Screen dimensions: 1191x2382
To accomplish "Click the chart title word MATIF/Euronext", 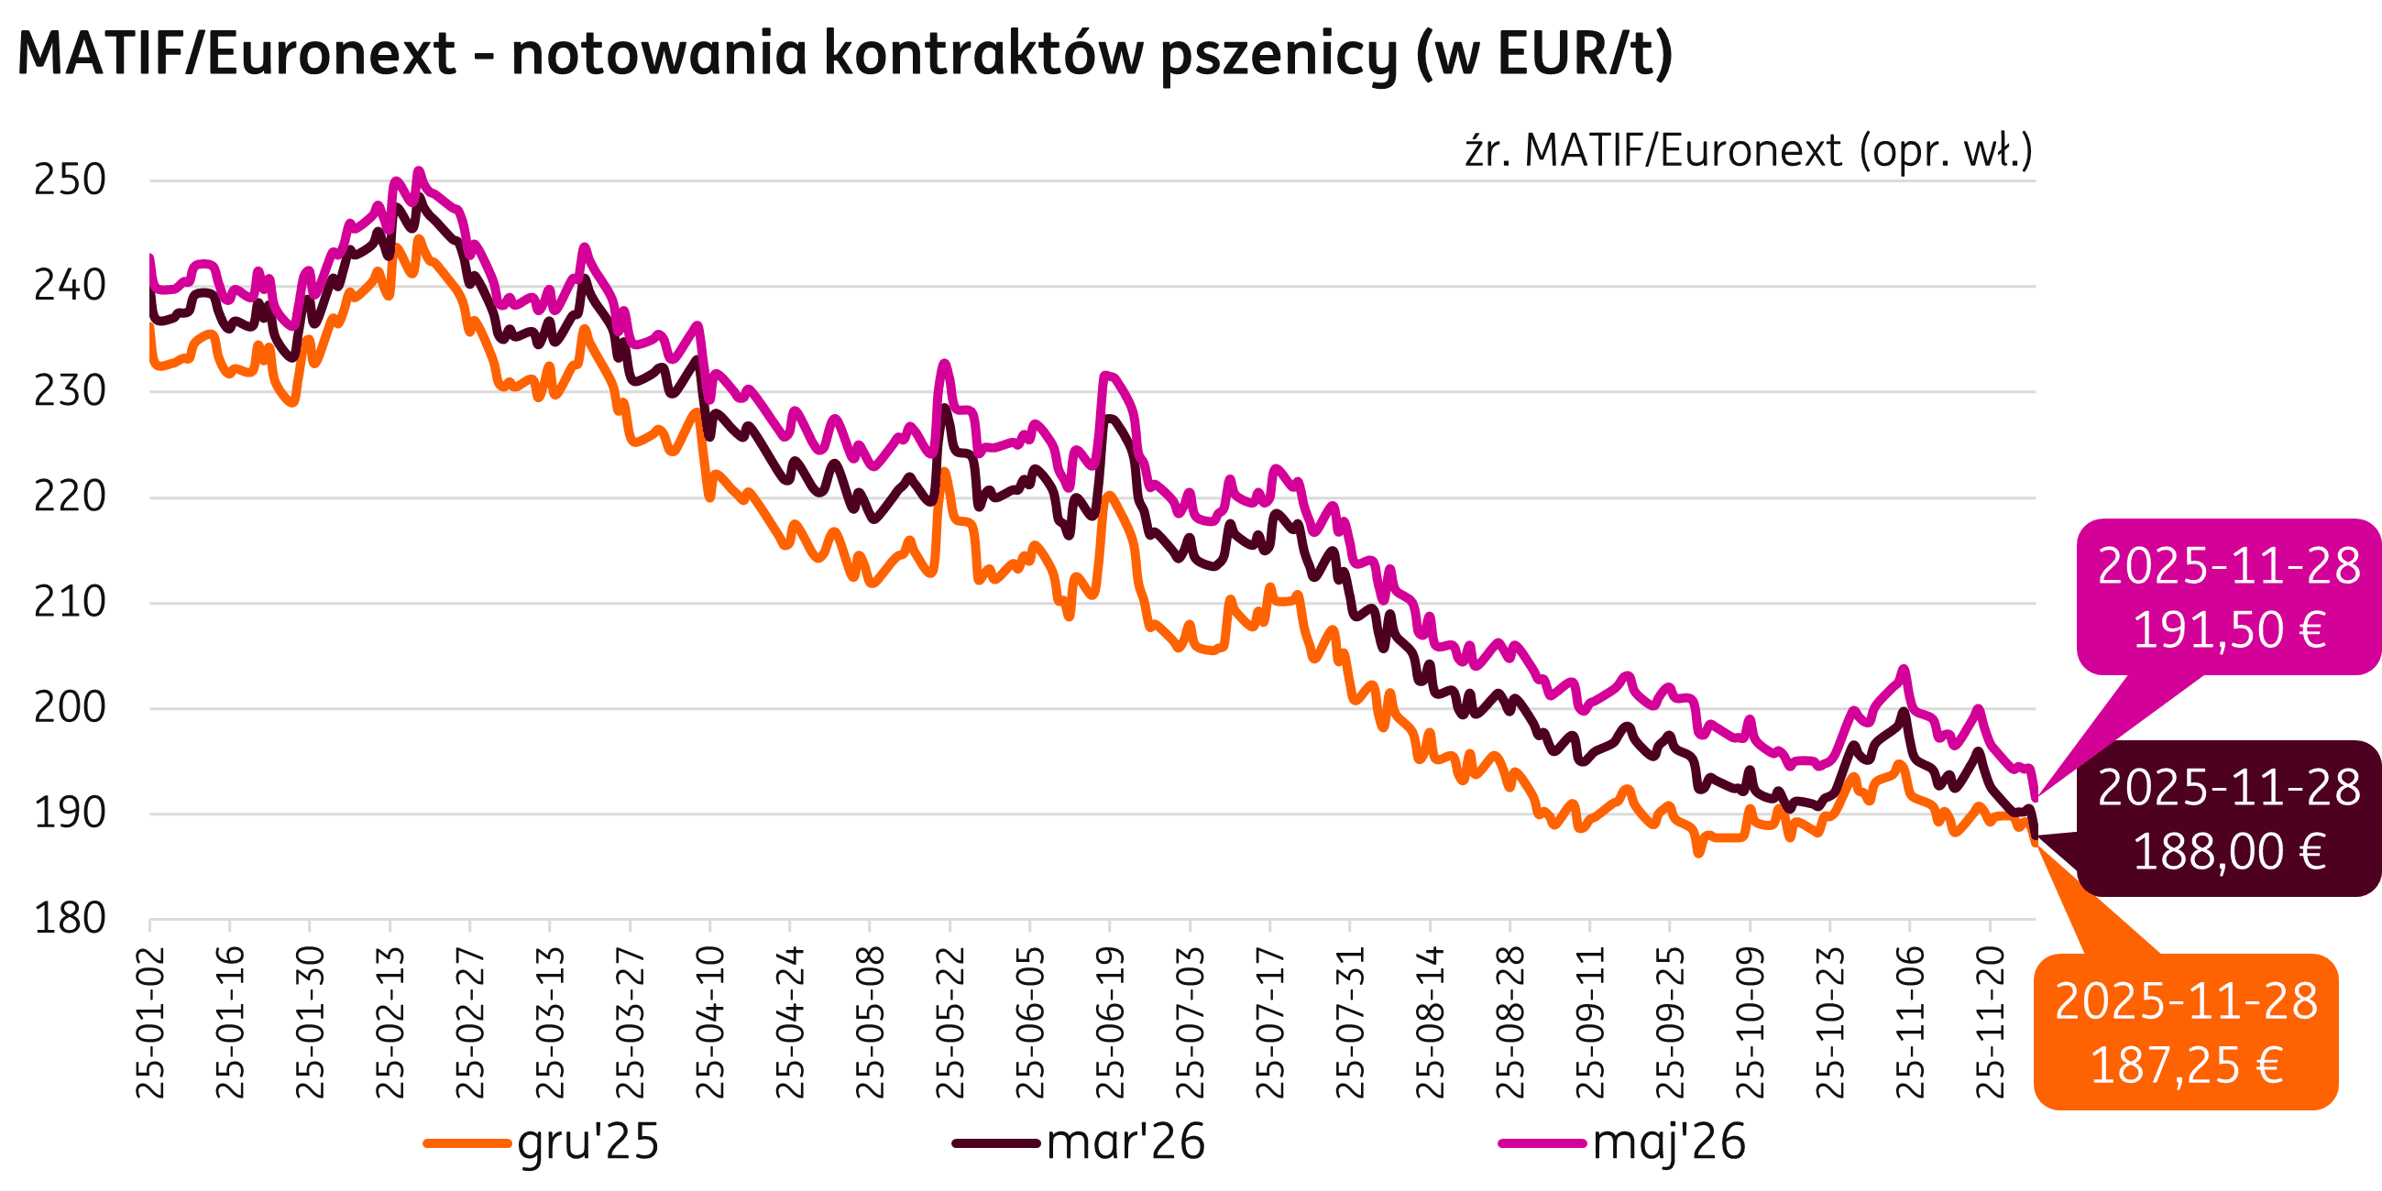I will (x=236, y=54).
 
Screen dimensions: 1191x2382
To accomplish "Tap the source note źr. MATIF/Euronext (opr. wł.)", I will (x=1749, y=150).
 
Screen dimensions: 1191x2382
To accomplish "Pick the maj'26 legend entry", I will (x=1668, y=1143).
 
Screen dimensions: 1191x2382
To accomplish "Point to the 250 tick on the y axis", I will (x=71, y=180).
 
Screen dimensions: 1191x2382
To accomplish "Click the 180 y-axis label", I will (x=71, y=918).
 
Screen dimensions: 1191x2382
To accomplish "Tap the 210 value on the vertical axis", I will (x=71, y=603).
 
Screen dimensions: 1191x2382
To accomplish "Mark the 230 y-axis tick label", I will (x=71, y=391).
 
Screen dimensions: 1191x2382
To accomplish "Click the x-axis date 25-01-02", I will (x=149, y=1022).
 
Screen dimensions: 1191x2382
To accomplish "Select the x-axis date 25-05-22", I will (x=950, y=1022).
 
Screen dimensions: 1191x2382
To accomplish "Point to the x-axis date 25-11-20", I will (x=1990, y=1022).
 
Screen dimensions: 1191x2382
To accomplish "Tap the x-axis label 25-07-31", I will (x=1350, y=1022).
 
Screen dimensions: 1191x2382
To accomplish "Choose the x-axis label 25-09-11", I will (x=1589, y=1022).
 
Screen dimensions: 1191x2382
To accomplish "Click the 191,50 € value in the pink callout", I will (x=2229, y=630).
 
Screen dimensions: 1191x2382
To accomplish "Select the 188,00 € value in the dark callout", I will (x=2229, y=852).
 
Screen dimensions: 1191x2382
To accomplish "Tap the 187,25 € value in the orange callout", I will (x=2186, y=1065).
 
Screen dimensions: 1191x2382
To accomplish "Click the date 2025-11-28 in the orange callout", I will (x=2186, y=1002).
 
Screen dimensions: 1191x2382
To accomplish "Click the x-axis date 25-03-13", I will (x=549, y=1022).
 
